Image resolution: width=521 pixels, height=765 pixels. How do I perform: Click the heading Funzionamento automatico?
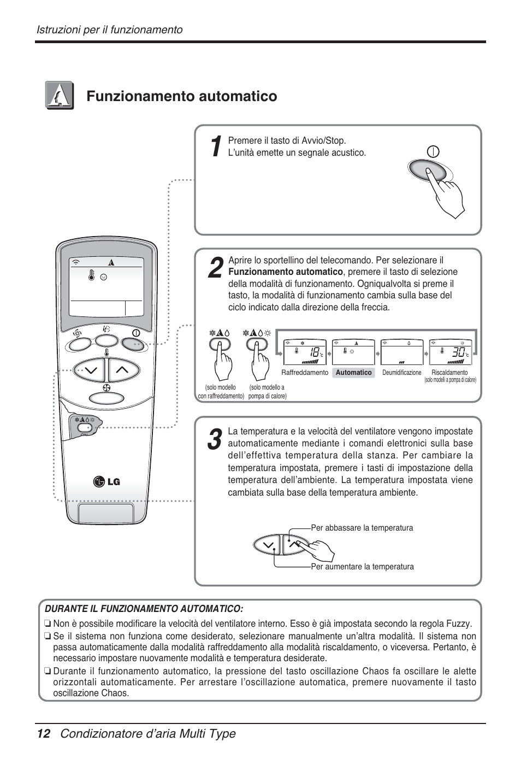pos(181,97)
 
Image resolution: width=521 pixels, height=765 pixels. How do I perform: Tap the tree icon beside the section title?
pos(60,96)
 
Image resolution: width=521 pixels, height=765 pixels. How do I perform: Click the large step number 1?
pos(215,146)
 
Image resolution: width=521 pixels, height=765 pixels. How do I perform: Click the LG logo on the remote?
pos(106,481)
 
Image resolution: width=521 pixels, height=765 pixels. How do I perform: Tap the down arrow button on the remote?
pos(91,370)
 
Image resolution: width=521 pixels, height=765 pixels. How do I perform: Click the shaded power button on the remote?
pos(133,344)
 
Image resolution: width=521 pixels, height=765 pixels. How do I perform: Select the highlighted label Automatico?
pos(353,373)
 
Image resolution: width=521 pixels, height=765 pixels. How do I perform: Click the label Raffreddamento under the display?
pos(305,373)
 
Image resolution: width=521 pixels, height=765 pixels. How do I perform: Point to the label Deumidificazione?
pos(401,373)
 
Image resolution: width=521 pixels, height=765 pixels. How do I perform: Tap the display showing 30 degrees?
pos(451,352)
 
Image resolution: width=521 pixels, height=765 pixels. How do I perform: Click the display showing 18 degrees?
pos(305,352)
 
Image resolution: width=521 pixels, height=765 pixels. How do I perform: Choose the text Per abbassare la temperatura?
pos(362,528)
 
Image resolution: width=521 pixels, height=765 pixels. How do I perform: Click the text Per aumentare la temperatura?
pos(362,567)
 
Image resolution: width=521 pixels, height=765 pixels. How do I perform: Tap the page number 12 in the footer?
pos(43,734)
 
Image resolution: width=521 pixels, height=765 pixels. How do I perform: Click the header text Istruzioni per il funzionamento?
pos(109,30)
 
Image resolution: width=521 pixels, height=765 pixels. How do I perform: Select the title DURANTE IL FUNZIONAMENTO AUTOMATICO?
pos(144,609)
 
